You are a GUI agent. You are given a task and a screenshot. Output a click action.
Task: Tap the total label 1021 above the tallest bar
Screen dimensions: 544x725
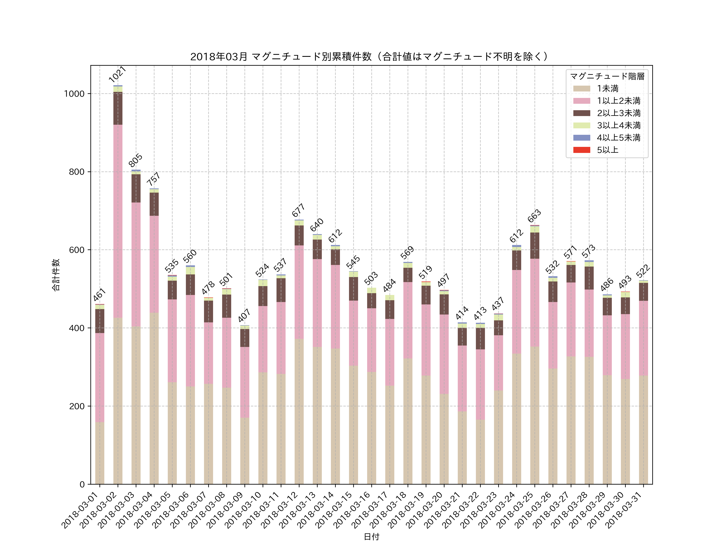pyautogui.click(x=117, y=74)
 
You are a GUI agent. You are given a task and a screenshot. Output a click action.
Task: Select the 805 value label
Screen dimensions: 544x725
pyautogui.click(x=135, y=160)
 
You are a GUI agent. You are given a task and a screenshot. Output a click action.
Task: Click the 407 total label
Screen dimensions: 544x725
pyautogui.click(x=244, y=316)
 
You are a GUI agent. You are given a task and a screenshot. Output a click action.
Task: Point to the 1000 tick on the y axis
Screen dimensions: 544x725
pyautogui.click(x=74, y=94)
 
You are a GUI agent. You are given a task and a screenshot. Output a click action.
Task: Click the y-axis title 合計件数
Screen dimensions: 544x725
pyautogui.click(x=56, y=275)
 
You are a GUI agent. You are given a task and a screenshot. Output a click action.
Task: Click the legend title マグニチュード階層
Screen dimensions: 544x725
pyautogui.click(x=607, y=76)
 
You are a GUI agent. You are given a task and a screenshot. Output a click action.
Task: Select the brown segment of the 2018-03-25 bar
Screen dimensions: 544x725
pyautogui.click(x=534, y=246)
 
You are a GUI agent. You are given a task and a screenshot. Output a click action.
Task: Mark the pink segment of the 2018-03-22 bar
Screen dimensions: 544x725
pyautogui.click(x=480, y=384)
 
